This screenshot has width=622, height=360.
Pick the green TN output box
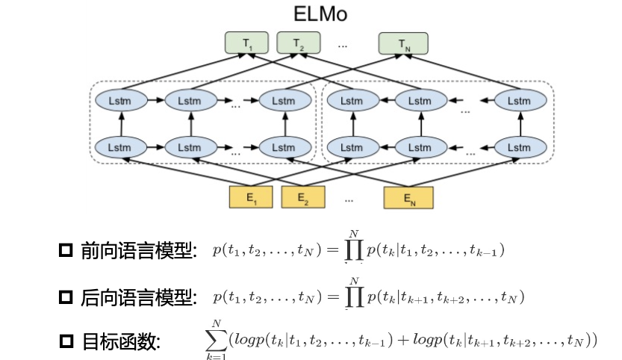point(404,43)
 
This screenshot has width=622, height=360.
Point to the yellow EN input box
point(408,198)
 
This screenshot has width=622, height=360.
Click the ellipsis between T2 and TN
point(343,45)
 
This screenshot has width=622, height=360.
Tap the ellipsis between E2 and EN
point(349,199)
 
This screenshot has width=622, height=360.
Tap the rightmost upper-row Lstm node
point(517,99)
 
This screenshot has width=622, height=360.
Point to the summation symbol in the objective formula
point(216,340)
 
